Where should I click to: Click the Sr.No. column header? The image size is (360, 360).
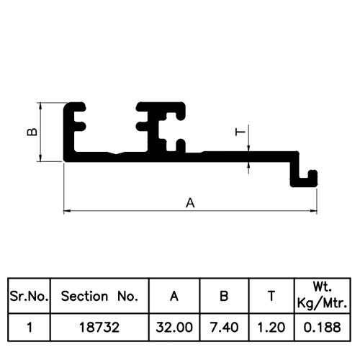pos(29,297)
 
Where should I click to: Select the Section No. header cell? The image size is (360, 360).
pos(99,296)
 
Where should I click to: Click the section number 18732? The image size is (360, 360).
pos(99,327)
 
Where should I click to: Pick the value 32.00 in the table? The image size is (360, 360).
pos(174,327)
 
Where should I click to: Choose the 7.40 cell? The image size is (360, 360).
pos(224,327)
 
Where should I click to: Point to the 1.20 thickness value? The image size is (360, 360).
pos(271,327)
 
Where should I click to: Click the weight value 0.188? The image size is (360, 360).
pos(322,327)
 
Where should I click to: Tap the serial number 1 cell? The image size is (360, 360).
pos(30,327)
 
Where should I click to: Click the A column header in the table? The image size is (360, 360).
pos(174,296)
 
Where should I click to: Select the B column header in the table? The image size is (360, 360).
pos(224,296)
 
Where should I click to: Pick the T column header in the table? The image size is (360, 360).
pos(271,296)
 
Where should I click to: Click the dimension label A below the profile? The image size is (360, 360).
pos(190,203)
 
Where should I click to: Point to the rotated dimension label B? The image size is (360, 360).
pos(32,132)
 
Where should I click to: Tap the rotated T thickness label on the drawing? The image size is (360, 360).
pos(240,132)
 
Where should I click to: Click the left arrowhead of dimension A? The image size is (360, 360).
pos(67,211)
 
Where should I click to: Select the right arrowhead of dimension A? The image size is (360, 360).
pos(314,211)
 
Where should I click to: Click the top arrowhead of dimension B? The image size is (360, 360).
pos(40,106)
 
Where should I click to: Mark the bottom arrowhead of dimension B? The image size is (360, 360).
pos(40,158)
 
